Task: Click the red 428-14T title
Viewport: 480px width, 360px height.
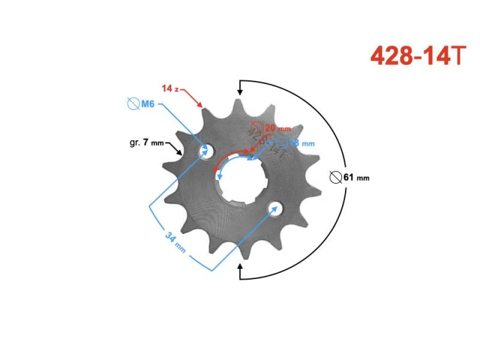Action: tap(418, 56)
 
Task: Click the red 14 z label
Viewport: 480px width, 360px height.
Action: tap(170, 88)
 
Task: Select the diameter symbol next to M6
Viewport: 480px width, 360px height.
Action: tap(133, 104)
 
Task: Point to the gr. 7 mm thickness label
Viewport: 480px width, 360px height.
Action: tap(146, 142)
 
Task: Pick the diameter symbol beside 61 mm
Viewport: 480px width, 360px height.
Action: tap(336, 177)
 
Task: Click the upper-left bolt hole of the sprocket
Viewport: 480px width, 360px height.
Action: tap(206, 150)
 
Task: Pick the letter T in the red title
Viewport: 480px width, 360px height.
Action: tap(459, 56)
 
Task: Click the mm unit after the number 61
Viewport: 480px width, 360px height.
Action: tap(363, 178)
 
